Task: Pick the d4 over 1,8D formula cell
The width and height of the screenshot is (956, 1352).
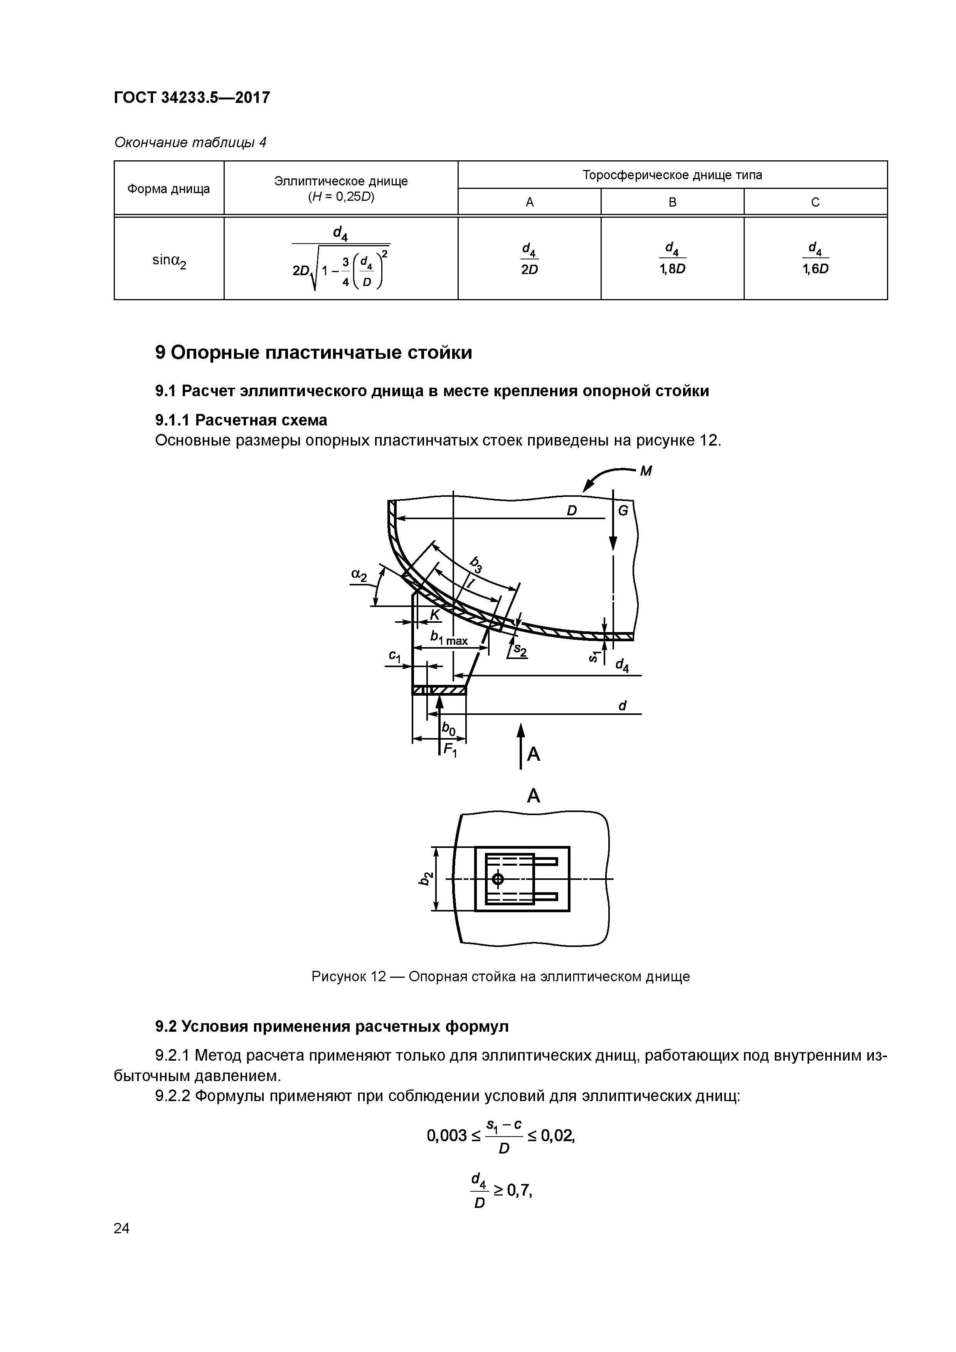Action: click(x=672, y=259)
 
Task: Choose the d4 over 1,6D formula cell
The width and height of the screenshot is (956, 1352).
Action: click(x=815, y=259)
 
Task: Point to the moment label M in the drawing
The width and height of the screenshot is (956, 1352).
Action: click(x=646, y=471)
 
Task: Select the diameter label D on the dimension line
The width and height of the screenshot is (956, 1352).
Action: click(x=571, y=511)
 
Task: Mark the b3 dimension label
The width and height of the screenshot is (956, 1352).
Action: click(x=476, y=564)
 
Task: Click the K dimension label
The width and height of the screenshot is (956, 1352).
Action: click(x=435, y=615)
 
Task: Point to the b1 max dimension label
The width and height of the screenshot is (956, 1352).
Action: click(x=449, y=638)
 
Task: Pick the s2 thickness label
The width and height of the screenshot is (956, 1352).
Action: click(x=520, y=650)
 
